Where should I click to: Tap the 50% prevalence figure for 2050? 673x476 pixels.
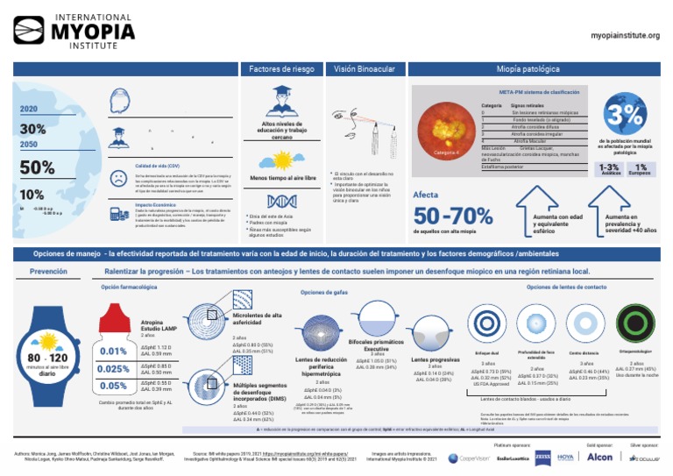(x=37, y=167)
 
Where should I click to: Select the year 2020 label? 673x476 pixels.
(x=28, y=109)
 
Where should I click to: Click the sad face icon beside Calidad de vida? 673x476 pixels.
(x=117, y=176)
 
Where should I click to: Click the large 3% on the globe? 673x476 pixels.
(x=626, y=114)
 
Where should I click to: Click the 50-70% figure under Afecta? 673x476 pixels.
(x=453, y=215)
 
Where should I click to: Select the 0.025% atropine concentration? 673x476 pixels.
(x=113, y=369)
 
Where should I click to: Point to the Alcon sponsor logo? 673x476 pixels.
(x=599, y=457)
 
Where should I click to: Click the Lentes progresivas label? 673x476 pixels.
(x=435, y=359)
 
